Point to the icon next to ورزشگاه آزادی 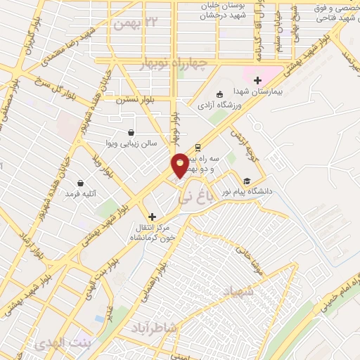[x=219, y=94]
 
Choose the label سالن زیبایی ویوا [x=132, y=144]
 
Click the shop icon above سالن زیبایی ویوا [x=131, y=132]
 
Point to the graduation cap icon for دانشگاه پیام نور [x=247, y=180]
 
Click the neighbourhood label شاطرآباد [x=156, y=329]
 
